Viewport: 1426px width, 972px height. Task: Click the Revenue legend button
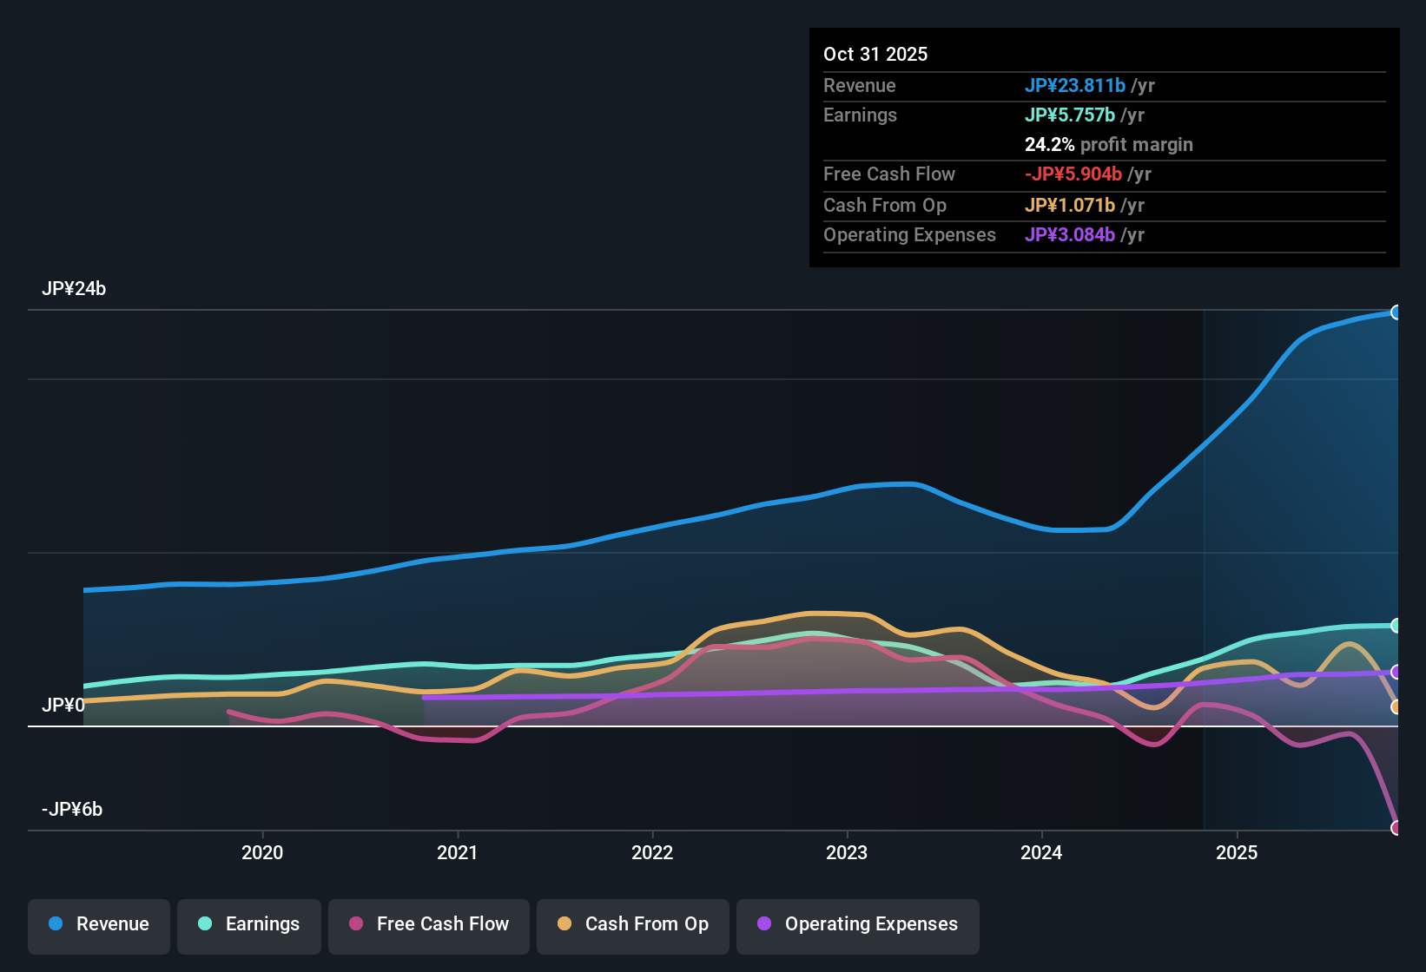(99, 924)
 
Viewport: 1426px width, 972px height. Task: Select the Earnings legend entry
(249, 924)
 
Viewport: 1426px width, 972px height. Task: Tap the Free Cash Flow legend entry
(429, 924)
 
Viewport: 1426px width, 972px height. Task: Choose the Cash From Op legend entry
(633, 924)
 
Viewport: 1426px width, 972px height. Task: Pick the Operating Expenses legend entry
(858, 924)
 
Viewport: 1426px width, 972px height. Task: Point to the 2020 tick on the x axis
(262, 852)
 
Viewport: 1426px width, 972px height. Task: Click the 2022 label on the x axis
(652, 852)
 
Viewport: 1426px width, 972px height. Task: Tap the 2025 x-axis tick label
(1237, 852)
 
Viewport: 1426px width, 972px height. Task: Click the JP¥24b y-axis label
(74, 289)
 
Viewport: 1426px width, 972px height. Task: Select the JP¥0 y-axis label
(63, 705)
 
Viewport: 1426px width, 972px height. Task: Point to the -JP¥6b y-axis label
(72, 810)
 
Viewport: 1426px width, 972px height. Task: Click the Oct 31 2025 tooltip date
(875, 54)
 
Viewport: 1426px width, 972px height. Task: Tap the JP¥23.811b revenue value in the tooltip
(1075, 85)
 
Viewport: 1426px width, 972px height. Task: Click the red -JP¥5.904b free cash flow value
(1073, 174)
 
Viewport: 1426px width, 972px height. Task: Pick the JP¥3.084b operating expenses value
(1070, 235)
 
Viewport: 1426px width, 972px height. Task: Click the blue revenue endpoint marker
(1396, 312)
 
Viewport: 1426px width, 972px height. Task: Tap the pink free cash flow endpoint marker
(1396, 828)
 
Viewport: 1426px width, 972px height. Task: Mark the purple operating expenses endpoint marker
(1396, 672)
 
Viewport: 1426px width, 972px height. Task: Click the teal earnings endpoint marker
(1396, 626)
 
